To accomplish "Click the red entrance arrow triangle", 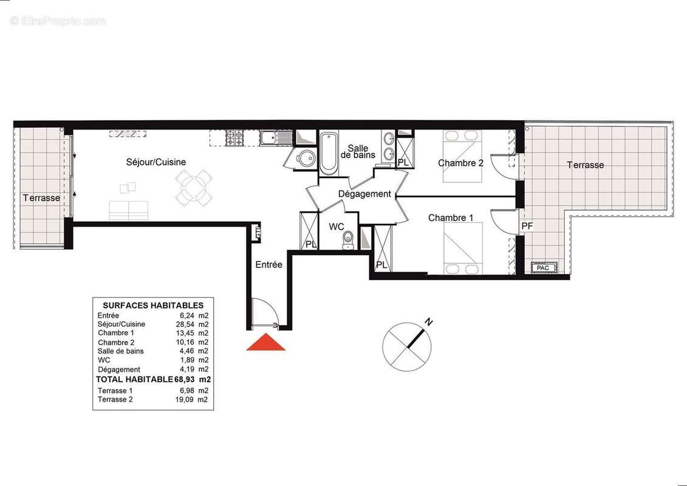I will [x=265, y=343].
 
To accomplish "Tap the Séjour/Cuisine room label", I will [x=156, y=162].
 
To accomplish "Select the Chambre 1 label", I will [x=451, y=217].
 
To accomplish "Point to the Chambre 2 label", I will [x=460, y=163].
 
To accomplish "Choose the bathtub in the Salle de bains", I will [x=329, y=152].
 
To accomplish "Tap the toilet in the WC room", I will [x=348, y=239].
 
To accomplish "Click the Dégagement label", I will [x=364, y=194].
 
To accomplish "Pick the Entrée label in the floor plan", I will [x=268, y=265].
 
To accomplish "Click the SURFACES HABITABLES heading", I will [x=153, y=306].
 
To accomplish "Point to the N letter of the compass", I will [x=429, y=322].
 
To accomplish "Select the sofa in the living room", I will [x=129, y=210].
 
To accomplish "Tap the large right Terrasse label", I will [x=585, y=165].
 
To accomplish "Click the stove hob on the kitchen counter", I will [x=234, y=139].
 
